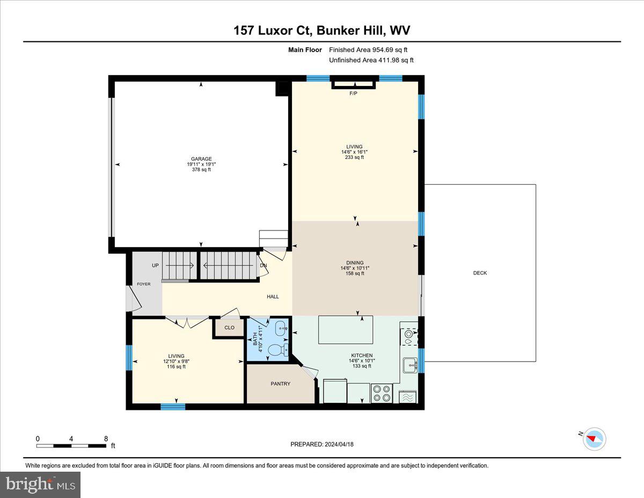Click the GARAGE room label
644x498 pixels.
199,158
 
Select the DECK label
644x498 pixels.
480,273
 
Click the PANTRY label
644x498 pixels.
280,384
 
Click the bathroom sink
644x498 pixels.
281,327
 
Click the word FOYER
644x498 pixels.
144,284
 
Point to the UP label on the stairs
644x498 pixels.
155,265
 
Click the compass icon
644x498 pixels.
594,438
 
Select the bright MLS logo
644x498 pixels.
40,485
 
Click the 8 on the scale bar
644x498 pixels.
106,438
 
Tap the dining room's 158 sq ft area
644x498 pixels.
355,273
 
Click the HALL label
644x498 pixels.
273,297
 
